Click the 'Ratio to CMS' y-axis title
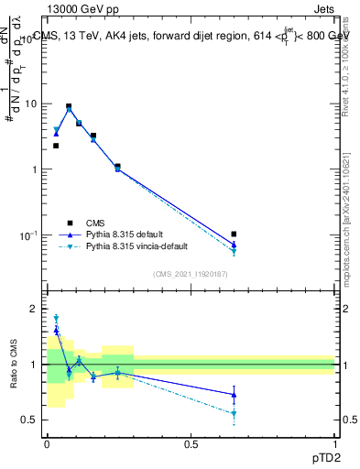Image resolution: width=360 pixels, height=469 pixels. pos(14,365)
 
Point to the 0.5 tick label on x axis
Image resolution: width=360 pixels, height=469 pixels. pos(191,444)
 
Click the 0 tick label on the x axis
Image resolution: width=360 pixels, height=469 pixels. pos(47,444)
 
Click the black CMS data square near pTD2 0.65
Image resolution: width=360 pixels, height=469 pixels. pos(235,234)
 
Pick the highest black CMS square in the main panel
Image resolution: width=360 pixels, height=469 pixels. pos(69,106)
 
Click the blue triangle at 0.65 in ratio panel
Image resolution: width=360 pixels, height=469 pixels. pos(235,395)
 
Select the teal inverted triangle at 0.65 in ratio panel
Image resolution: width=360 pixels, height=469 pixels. pos(235,414)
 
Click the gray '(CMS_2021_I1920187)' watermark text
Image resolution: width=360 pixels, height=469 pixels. pos(191,273)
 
